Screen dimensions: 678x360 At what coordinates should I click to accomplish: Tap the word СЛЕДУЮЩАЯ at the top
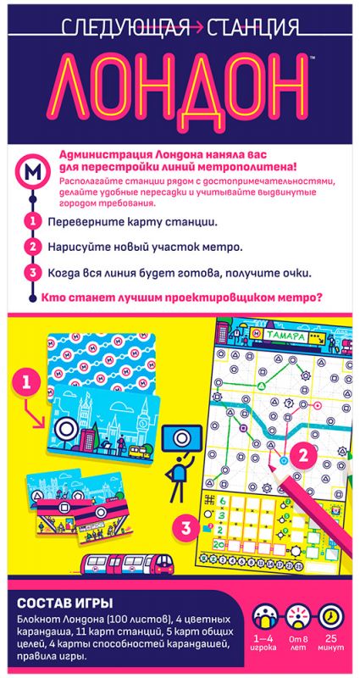click(125, 27)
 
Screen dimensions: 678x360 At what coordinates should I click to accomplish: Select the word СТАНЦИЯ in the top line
click(254, 27)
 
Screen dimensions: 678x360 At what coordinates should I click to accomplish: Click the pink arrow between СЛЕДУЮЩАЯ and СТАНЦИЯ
click(198, 28)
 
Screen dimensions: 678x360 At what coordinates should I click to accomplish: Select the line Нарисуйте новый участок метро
click(145, 247)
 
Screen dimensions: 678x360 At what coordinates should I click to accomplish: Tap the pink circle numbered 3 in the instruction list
click(32, 273)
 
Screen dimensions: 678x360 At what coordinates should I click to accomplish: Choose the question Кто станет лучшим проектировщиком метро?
click(176, 297)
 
